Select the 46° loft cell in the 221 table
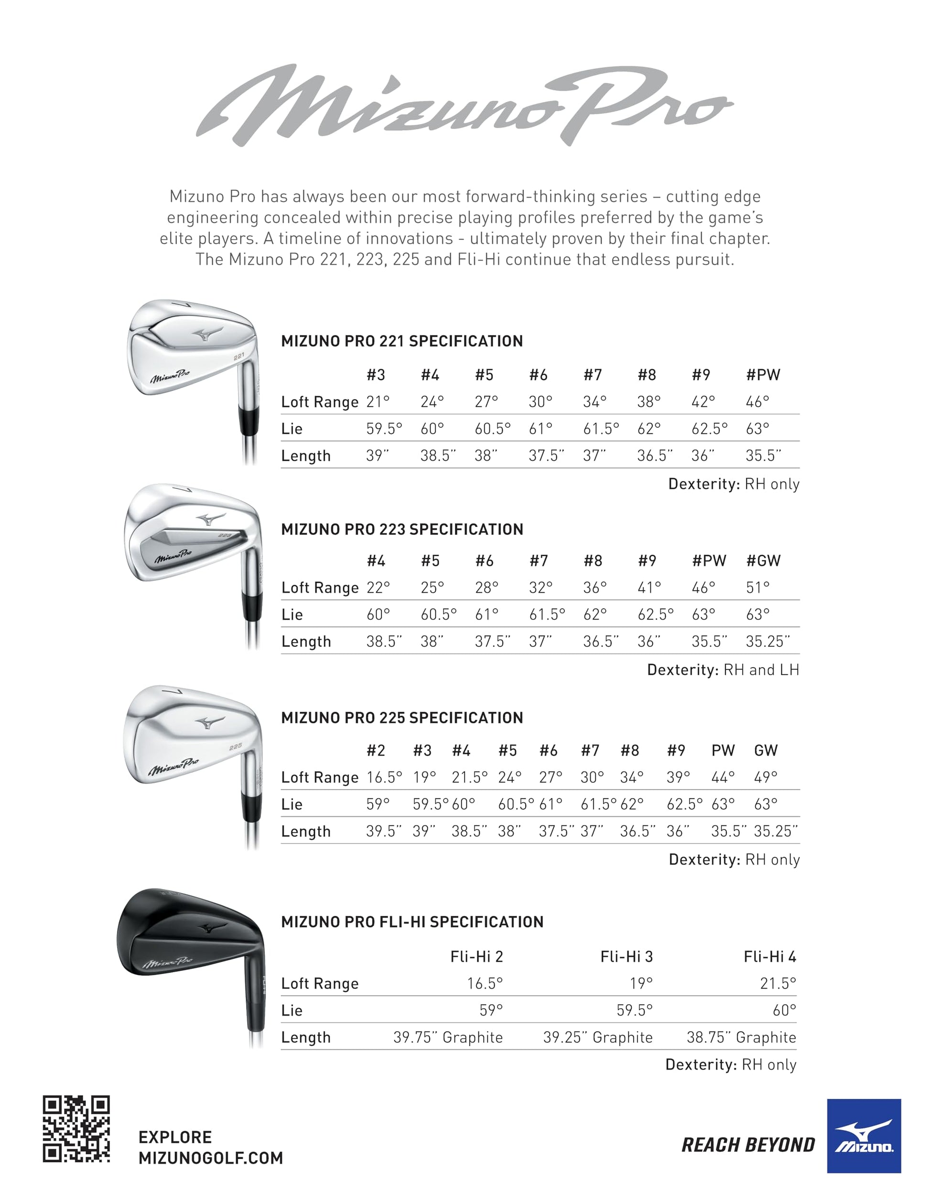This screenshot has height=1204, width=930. click(x=757, y=402)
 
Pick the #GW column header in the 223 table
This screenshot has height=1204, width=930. click(x=763, y=561)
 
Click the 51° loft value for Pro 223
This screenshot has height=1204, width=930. click(x=757, y=588)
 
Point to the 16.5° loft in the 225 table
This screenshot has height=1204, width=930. click(x=384, y=777)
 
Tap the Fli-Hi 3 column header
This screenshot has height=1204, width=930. click(x=626, y=956)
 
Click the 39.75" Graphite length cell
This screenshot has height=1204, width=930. click(x=448, y=1038)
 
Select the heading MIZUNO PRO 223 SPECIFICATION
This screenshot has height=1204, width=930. click(x=402, y=529)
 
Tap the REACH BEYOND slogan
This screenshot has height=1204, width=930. click(x=748, y=1145)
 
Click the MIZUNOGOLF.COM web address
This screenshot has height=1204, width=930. click(x=211, y=1158)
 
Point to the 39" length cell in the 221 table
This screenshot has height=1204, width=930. click(x=377, y=456)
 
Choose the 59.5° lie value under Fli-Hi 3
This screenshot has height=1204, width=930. click(x=634, y=1010)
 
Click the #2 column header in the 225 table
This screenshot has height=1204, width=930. click(x=376, y=750)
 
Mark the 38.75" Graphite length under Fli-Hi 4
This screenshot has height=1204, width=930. click(x=741, y=1038)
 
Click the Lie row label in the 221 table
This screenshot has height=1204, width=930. click(x=292, y=429)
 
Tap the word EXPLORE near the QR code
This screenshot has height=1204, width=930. click(x=175, y=1137)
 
